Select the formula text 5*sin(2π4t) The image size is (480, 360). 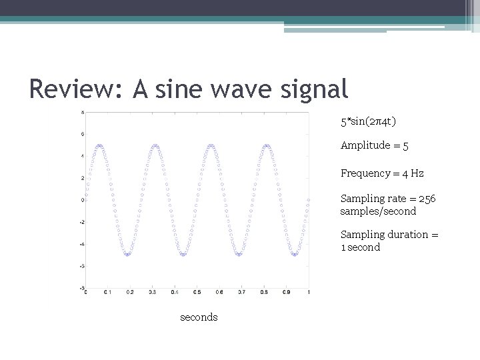[x=369, y=122]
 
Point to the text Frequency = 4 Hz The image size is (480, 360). [x=381, y=173]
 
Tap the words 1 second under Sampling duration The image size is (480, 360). [x=361, y=247]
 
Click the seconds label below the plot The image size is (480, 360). [x=199, y=317]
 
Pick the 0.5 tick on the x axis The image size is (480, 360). [x=197, y=293]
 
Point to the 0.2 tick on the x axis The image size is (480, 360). [x=130, y=293]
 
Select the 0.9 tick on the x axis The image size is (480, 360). [x=286, y=293]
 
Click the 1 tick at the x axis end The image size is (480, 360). [x=309, y=293]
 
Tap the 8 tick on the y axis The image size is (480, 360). [x=81, y=112]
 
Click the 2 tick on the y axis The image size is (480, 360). [x=81, y=178]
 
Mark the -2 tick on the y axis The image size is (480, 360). [x=81, y=222]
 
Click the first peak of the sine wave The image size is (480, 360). [x=99, y=145]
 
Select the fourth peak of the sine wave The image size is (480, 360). [x=267, y=145]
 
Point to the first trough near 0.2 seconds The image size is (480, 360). [x=127, y=255]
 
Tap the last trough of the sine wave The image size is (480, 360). [x=295, y=255]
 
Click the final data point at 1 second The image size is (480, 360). [x=309, y=199]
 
